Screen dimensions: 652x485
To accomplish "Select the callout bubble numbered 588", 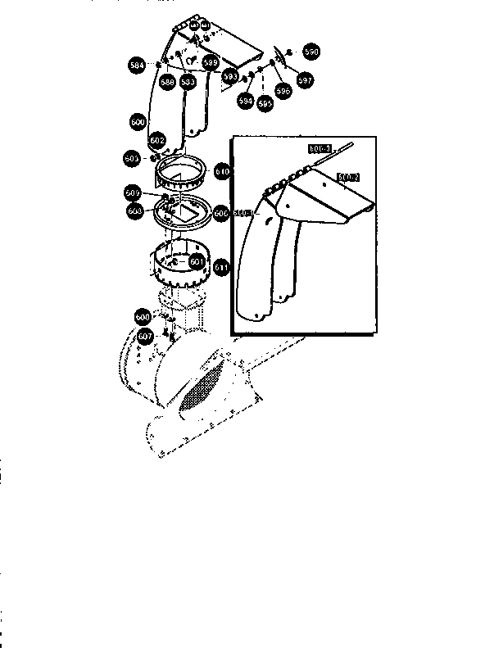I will (166, 82).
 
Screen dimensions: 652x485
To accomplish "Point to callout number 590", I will (310, 52).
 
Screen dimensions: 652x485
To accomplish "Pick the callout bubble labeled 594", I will (244, 100).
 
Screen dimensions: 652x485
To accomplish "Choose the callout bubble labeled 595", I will (264, 104).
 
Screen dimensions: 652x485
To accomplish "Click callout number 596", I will (283, 93).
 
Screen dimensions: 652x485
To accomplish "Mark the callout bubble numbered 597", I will (305, 80).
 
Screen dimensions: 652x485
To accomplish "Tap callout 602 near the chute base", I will (158, 140).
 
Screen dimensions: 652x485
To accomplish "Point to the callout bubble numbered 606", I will (220, 212).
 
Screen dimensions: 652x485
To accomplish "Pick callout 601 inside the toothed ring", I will (196, 261).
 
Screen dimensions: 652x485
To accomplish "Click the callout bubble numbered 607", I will (145, 337).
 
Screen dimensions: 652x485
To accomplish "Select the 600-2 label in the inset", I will (348, 176).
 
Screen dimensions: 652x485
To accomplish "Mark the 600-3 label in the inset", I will (243, 214).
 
